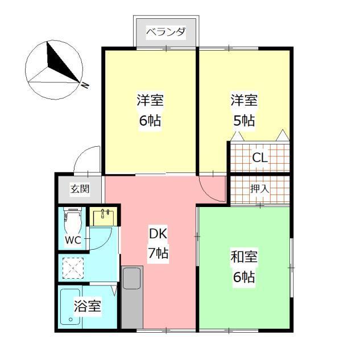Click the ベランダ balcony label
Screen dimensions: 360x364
pyautogui.click(x=166, y=32)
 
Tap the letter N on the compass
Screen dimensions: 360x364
pyautogui.click(x=85, y=85)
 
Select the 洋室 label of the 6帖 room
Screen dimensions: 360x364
pyautogui.click(x=150, y=101)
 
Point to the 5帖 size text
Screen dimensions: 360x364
pyautogui.click(x=244, y=121)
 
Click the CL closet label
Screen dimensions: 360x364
pyautogui.click(x=260, y=158)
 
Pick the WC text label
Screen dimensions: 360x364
pyautogui.click(x=73, y=240)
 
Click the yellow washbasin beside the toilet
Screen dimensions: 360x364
pyautogui.click(x=104, y=217)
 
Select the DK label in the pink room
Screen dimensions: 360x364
pyautogui.click(x=158, y=234)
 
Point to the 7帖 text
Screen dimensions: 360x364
pyautogui.click(x=158, y=254)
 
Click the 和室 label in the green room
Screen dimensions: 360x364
pyautogui.click(x=244, y=257)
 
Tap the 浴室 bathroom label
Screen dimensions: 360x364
pyautogui.click(x=88, y=307)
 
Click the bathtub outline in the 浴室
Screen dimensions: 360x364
pyautogui.click(x=71, y=308)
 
